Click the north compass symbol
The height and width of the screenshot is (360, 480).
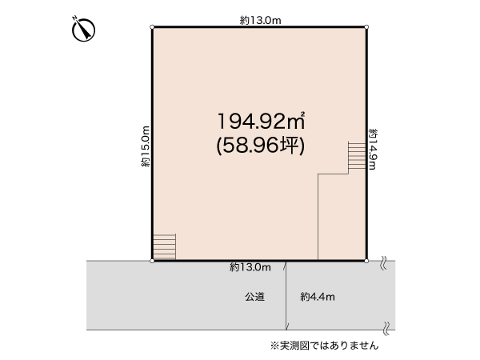point(84,30)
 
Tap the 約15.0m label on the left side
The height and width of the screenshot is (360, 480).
point(146,146)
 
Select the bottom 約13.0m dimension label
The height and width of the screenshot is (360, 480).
point(250,267)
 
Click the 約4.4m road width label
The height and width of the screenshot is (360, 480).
point(318,297)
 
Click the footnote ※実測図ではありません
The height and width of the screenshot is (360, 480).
point(324,346)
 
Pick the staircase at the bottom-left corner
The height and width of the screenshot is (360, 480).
point(163,246)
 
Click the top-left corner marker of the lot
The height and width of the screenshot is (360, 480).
point(152,28)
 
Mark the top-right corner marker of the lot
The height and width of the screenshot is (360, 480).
point(366,28)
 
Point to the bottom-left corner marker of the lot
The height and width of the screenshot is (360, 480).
point(152,260)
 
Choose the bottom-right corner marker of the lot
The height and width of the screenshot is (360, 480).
point(366,260)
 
